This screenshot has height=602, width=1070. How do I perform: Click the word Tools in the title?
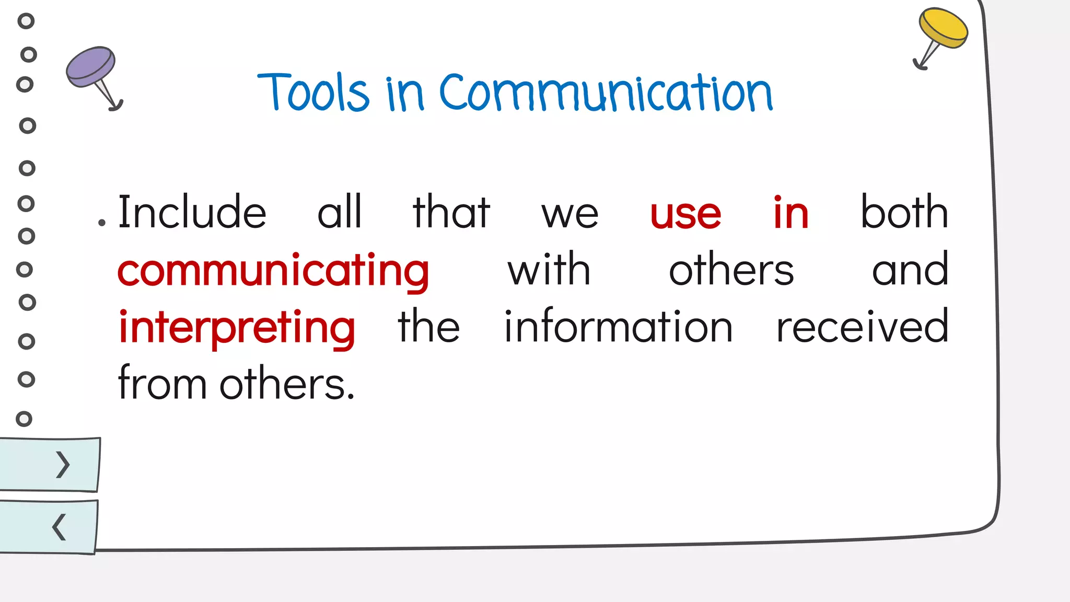(x=313, y=92)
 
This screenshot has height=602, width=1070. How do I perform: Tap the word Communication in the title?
(x=606, y=93)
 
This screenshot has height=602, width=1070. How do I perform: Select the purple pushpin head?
(x=90, y=66)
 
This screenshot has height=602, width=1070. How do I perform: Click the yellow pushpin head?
(x=944, y=27)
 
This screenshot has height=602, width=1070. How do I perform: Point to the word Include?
(x=192, y=212)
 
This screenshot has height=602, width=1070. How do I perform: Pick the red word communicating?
(x=273, y=271)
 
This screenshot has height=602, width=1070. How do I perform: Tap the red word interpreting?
(x=237, y=328)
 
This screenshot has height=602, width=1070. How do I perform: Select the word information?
(x=618, y=327)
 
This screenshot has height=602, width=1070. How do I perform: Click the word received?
(x=862, y=327)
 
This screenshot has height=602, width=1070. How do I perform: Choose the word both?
(x=904, y=212)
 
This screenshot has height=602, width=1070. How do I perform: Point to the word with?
(x=549, y=270)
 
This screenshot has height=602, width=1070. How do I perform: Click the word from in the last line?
(x=162, y=384)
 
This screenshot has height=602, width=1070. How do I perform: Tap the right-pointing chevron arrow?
(x=63, y=465)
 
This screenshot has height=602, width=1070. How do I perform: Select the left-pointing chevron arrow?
(x=59, y=527)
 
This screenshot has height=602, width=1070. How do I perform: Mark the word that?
(x=451, y=212)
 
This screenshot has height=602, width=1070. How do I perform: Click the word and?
(x=910, y=270)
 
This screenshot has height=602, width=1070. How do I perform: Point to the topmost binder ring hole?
(x=26, y=21)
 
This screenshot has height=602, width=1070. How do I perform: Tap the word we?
(x=570, y=214)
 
